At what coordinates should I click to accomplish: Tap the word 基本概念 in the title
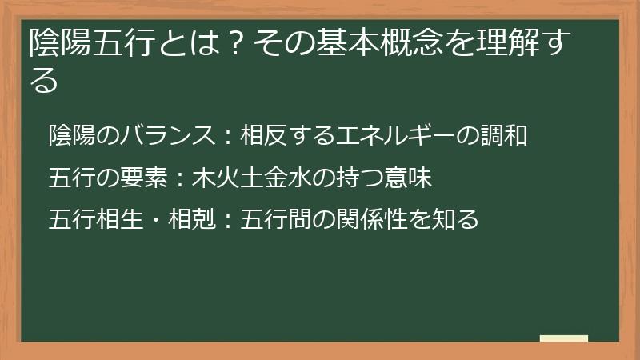(362, 42)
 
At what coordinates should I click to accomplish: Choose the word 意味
(411, 177)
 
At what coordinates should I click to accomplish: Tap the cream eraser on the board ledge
(564, 339)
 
